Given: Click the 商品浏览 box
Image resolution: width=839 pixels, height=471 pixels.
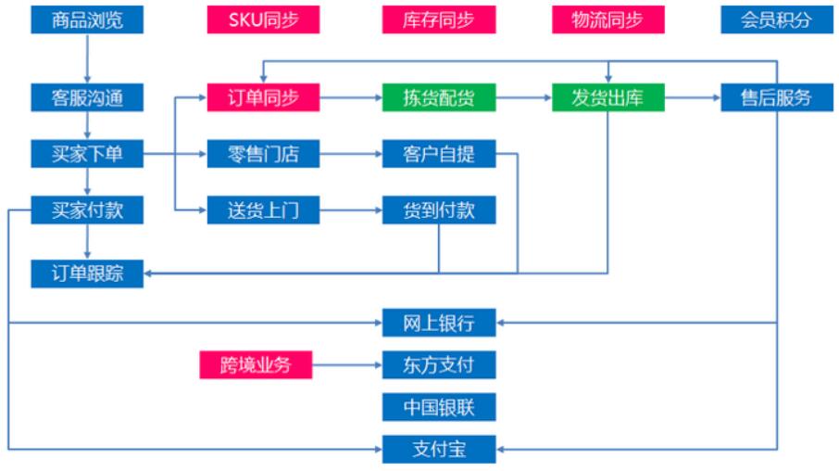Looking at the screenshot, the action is point(87,19).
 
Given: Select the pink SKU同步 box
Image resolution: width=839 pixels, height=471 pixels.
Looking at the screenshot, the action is point(263,19).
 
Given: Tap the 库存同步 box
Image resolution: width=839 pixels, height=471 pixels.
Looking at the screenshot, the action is point(439,19).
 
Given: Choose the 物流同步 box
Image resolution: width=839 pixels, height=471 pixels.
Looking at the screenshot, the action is point(608,19).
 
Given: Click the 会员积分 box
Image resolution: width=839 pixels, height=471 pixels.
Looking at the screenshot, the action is point(777,19).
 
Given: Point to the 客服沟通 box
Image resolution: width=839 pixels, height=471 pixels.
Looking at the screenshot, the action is point(87,97).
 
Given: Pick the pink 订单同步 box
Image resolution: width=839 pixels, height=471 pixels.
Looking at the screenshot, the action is point(263,97).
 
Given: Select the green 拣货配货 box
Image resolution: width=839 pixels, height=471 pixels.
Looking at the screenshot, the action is point(439,97).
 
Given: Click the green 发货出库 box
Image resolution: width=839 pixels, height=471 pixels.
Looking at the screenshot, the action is point(608,97).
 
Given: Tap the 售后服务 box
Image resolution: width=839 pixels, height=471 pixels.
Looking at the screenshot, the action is point(777,97).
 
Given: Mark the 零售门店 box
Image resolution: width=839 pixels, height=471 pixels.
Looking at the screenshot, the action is point(263,154).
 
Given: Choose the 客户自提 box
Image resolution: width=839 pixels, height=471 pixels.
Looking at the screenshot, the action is point(439,154).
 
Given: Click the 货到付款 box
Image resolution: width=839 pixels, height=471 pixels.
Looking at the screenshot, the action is point(439,210).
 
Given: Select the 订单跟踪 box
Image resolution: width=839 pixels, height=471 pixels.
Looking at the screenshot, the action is point(87,274).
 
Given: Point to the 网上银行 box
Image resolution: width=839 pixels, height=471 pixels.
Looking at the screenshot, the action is point(439,323).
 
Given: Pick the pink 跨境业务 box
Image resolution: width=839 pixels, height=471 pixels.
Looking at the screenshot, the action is point(256,365).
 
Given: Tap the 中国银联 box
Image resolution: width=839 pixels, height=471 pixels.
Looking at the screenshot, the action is point(439,407).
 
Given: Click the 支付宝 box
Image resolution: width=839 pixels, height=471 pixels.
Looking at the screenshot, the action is point(439,449).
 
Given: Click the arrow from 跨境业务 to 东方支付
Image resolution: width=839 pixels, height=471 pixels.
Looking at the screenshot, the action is point(347,365).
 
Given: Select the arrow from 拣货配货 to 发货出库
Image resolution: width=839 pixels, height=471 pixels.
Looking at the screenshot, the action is point(524,97).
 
